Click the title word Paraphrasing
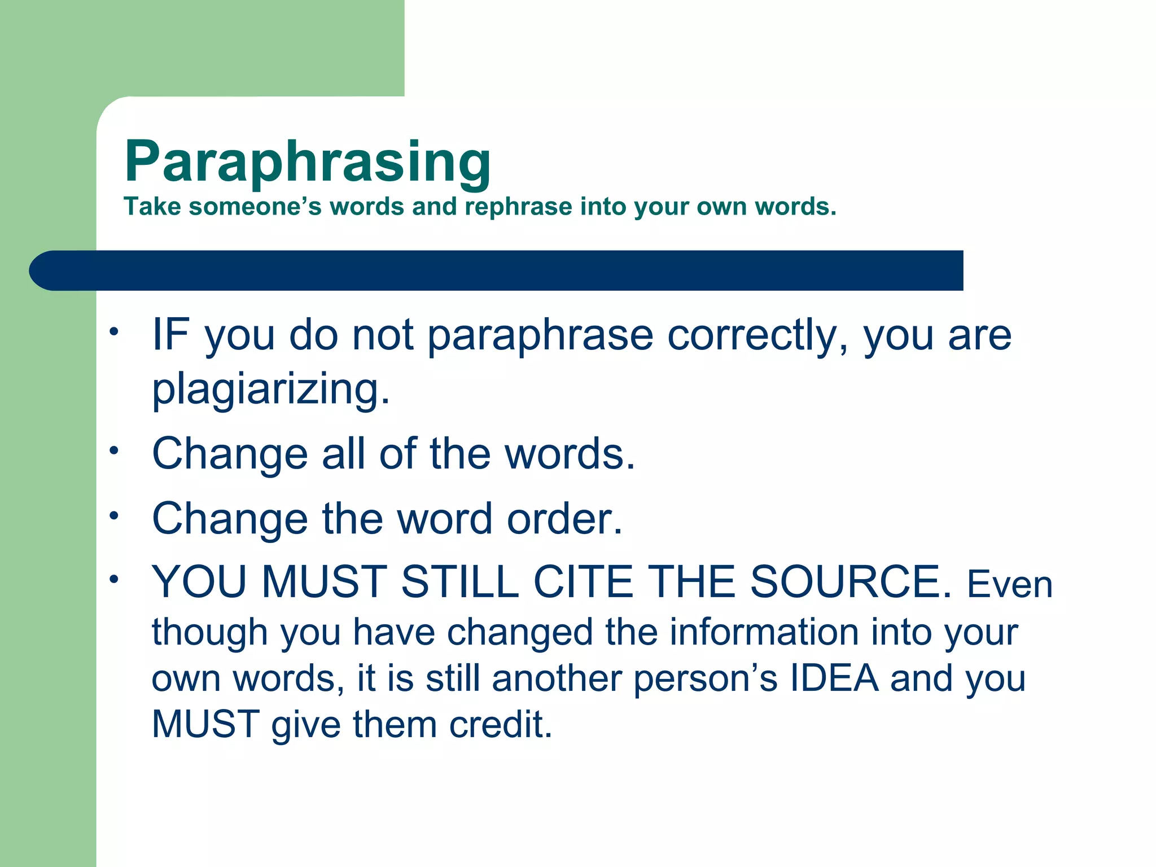pos(307,163)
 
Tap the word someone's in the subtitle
pos(255,207)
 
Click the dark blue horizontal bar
pos(497,270)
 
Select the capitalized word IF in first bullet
pos(170,335)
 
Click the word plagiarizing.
pos(271,390)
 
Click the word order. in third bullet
pos(564,519)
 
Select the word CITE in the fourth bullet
pos(583,582)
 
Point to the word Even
pos(1010,585)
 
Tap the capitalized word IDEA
pos(834,678)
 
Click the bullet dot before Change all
pos(115,450)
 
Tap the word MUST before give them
pos(205,725)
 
